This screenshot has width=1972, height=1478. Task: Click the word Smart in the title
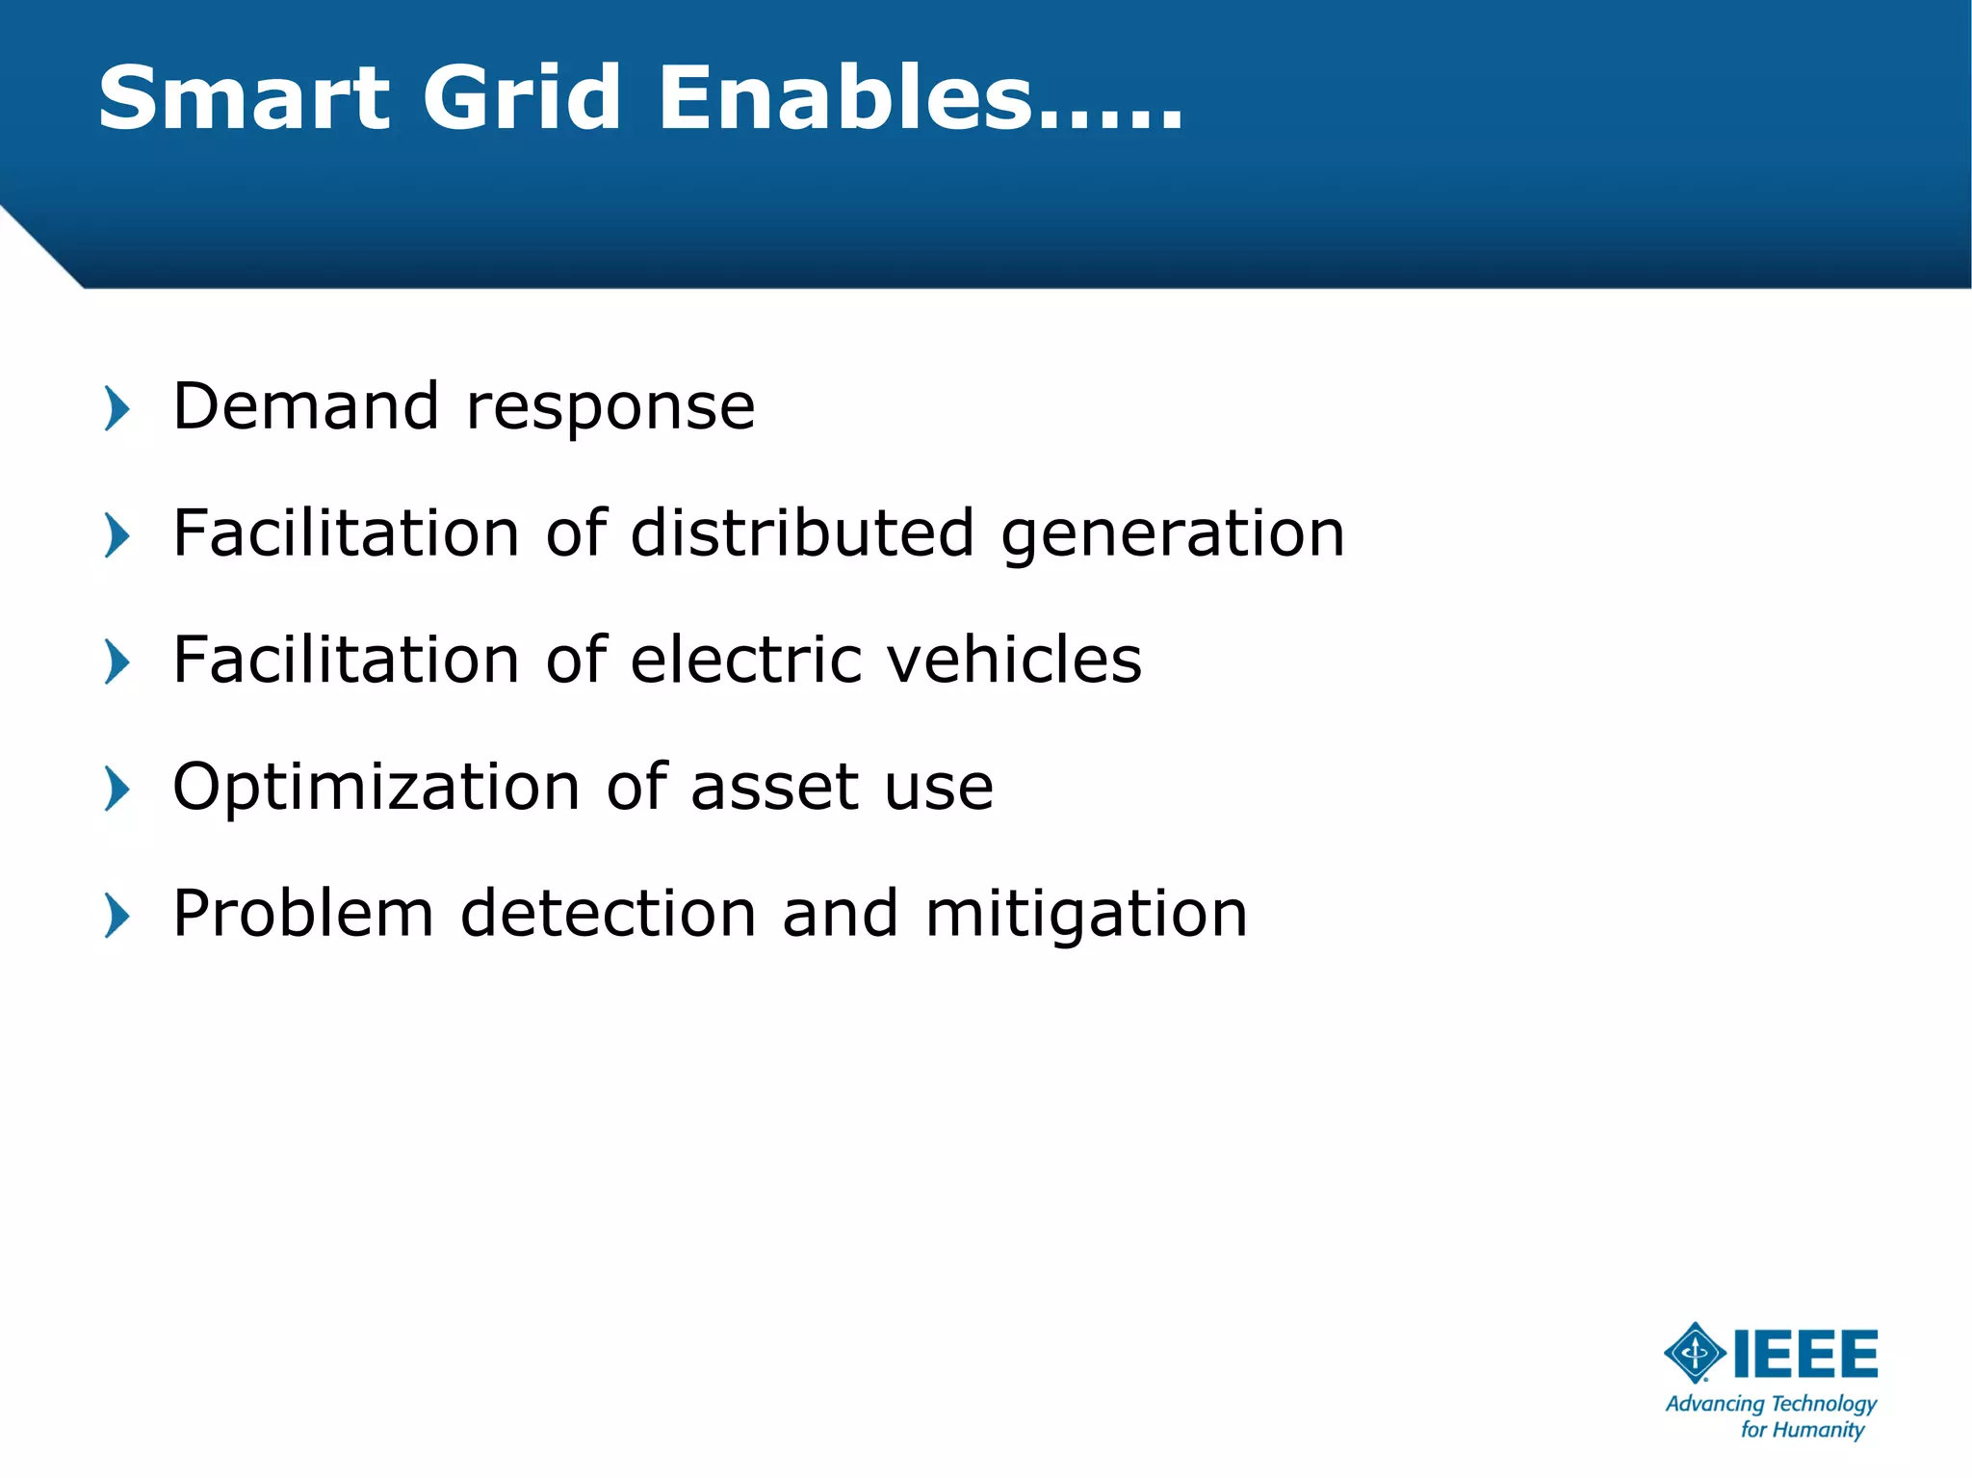245,98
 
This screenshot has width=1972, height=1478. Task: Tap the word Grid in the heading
522,98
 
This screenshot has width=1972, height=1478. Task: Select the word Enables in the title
845,98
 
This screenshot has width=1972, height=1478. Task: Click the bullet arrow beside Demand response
117,408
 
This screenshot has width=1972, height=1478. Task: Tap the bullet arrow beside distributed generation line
117,535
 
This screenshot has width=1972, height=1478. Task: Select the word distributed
802,533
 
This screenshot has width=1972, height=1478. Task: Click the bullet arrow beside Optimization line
117,790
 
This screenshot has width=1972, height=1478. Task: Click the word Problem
303,914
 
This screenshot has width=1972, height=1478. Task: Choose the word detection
609,914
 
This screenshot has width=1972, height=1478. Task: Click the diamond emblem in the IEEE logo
1695,1353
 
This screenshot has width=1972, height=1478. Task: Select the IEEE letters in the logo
1805,1354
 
